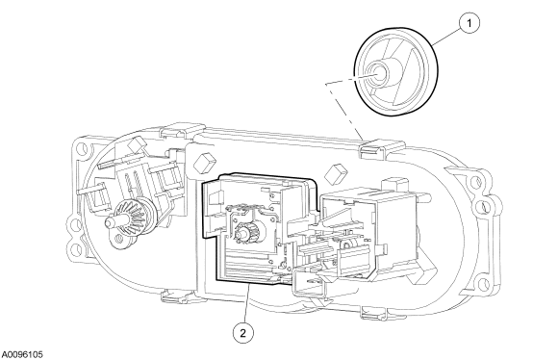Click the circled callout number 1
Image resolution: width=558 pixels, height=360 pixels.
[469, 23]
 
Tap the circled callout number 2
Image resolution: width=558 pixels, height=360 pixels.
[243, 333]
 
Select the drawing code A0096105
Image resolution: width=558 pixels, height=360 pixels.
[22, 354]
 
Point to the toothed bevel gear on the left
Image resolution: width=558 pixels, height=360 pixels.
[131, 219]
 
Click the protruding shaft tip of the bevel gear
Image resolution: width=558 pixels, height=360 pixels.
[110, 222]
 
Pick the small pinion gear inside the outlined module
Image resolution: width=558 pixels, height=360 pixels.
[244, 232]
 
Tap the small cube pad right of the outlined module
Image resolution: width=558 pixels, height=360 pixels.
[337, 174]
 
